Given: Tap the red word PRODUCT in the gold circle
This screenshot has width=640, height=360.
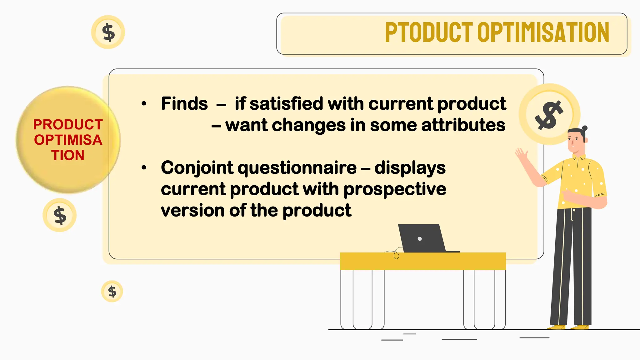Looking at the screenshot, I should click(x=68, y=125).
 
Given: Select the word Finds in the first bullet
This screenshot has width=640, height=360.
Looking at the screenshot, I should click(x=184, y=103).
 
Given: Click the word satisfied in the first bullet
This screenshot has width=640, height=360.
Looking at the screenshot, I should click(x=286, y=103).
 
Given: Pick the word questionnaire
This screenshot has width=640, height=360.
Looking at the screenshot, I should click(x=297, y=168).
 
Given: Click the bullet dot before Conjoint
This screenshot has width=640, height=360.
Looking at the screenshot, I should click(x=144, y=168).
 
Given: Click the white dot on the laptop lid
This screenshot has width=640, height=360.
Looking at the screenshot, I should click(x=420, y=239).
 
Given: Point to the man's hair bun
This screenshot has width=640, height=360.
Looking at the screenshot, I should click(x=585, y=128).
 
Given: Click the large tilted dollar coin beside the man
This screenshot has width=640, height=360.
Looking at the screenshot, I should click(x=549, y=114).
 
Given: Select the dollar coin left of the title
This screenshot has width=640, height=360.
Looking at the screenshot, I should click(x=108, y=32).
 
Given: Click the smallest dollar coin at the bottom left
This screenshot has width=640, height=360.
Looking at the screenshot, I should click(x=112, y=291).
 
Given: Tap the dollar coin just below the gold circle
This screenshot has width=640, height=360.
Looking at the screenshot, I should click(x=60, y=215).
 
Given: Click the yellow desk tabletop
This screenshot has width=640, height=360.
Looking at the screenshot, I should click(x=422, y=261).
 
